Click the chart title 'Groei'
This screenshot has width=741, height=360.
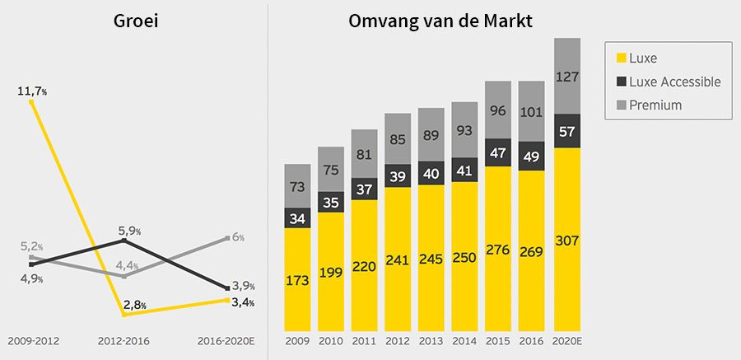tap(136, 21)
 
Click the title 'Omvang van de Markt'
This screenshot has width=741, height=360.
tap(440, 21)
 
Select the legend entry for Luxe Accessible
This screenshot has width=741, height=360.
tap(674, 82)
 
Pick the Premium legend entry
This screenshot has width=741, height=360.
tap(655, 105)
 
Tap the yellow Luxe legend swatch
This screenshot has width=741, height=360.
tap(619, 58)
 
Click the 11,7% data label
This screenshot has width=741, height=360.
tap(32, 90)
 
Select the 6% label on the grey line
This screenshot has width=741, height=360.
tap(237, 237)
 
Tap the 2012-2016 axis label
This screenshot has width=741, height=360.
tap(123, 340)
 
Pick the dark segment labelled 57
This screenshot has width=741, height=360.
tap(567, 131)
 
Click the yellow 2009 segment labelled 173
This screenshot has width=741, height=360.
tap(297, 280)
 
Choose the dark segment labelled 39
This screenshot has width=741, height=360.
tap(398, 177)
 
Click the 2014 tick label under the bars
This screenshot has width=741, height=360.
tap(464, 340)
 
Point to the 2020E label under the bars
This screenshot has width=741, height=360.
tap(567, 340)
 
